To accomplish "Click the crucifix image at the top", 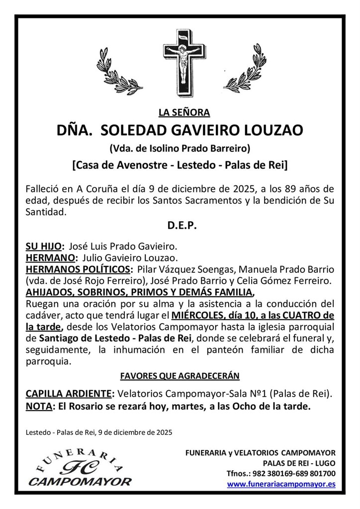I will pos(184,63).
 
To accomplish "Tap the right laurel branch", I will pos(245,70).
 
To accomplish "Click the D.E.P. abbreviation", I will pos(180,225).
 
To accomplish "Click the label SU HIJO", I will pos(44,246).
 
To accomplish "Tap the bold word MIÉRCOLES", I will pos(197,316).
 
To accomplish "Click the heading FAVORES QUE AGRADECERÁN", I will pos(180,376).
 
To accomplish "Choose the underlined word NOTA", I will pos(39,406).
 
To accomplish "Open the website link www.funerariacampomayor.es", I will pos(281,484).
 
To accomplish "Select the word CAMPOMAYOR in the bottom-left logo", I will pos(80,482).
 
